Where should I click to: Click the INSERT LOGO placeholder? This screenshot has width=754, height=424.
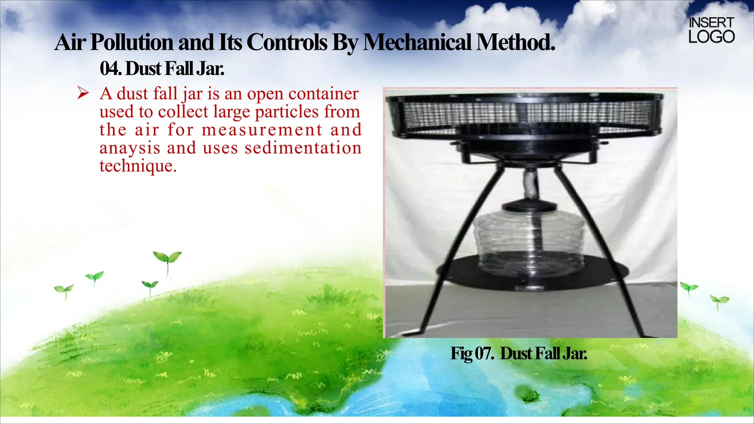(x=711, y=30)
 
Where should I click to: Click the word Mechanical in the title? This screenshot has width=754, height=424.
(x=417, y=42)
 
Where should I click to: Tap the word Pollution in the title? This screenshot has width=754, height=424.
(x=131, y=42)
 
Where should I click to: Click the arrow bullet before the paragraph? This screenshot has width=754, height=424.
(x=83, y=93)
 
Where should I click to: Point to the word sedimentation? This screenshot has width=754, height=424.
(x=303, y=148)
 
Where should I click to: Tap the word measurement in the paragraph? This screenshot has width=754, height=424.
(x=262, y=130)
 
